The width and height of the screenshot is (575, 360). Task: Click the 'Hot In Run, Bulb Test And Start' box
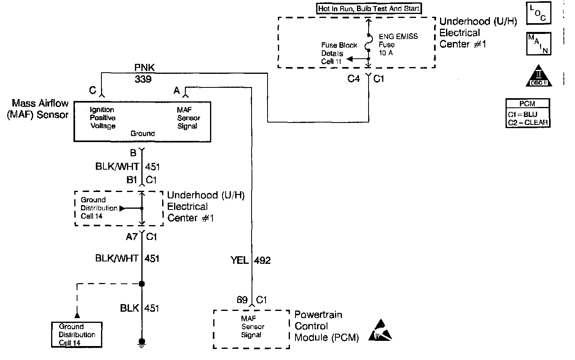tap(369, 8)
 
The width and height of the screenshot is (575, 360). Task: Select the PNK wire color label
tap(144, 68)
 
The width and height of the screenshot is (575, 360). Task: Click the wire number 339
tap(143, 79)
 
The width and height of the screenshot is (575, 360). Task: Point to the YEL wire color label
tap(240, 261)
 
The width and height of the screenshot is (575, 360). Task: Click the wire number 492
tap(262, 261)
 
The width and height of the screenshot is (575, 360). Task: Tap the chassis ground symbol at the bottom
tap(141, 342)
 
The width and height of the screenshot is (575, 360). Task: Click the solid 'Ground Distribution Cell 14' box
tap(77, 334)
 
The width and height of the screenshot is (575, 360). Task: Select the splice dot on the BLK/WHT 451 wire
tap(141, 284)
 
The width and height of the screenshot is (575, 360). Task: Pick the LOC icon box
tap(539, 13)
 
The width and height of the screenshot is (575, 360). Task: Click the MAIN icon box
tap(539, 44)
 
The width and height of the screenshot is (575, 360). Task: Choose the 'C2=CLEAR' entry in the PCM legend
tap(528, 123)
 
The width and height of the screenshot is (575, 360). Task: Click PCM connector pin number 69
tap(242, 300)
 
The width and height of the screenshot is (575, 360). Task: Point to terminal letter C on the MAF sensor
tap(93, 91)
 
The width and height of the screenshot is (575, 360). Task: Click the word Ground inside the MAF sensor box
tap(143, 133)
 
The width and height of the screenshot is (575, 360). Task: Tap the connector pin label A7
tap(132, 237)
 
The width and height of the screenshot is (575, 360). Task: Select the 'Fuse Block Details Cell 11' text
tap(339, 53)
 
